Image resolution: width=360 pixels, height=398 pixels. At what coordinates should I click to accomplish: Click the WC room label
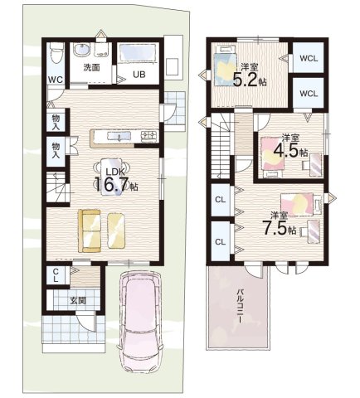(x=56, y=80)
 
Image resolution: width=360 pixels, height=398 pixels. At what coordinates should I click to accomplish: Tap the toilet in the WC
(x=57, y=51)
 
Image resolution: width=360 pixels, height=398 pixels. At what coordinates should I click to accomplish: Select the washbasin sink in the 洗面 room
(x=81, y=50)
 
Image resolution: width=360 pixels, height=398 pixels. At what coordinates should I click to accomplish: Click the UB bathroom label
(x=139, y=74)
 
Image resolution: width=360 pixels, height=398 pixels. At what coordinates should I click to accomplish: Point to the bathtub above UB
(x=138, y=54)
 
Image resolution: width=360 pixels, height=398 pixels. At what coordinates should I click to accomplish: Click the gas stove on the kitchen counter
(x=149, y=136)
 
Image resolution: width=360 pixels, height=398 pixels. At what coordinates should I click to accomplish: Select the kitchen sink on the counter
(x=119, y=136)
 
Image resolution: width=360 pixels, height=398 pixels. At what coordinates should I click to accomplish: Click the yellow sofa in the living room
(x=90, y=231)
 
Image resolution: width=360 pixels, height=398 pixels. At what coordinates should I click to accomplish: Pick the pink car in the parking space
(x=140, y=321)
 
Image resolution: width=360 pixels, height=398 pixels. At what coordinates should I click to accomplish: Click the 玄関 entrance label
(x=77, y=300)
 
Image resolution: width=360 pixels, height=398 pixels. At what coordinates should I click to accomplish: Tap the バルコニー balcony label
(x=240, y=306)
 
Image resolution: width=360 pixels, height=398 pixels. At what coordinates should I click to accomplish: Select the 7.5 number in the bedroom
(x=277, y=228)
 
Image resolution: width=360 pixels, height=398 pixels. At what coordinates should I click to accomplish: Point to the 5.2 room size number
(x=246, y=79)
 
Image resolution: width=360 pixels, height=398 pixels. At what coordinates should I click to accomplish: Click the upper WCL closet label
(x=309, y=58)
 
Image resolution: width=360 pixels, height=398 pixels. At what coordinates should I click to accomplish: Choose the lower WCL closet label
(x=309, y=94)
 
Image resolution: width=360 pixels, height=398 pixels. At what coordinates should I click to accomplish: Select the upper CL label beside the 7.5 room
(x=221, y=200)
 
